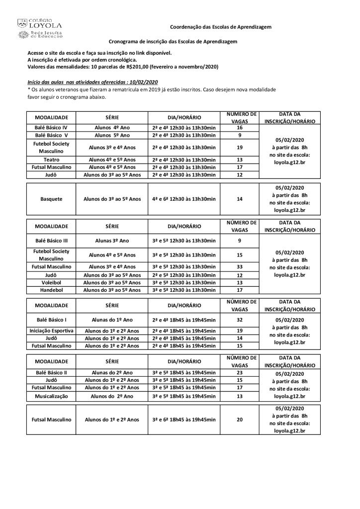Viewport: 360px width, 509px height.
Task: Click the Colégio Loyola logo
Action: (40, 28)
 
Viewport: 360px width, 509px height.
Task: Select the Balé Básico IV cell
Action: (51, 127)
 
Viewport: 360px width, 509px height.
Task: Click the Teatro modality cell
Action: (51, 160)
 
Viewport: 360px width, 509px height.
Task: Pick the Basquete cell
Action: (51, 198)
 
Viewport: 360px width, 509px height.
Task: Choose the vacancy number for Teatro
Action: (240, 160)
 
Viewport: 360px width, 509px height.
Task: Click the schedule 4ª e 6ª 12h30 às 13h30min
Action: (184, 198)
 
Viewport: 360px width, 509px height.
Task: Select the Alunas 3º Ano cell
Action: (112, 241)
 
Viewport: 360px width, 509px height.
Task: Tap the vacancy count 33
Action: (240, 267)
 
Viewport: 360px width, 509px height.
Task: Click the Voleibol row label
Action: (51, 282)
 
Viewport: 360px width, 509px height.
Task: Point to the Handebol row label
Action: (51, 290)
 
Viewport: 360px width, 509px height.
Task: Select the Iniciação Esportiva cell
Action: (51, 331)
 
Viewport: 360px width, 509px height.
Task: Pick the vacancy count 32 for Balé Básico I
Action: (240, 320)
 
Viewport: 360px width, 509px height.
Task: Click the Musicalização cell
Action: (51, 396)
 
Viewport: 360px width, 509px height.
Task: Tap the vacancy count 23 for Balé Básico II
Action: (240, 372)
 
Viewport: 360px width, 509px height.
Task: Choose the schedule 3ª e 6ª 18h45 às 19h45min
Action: (184, 420)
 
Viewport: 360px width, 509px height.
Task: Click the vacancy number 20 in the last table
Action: (240, 420)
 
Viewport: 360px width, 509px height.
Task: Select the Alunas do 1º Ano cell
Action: (112, 320)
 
